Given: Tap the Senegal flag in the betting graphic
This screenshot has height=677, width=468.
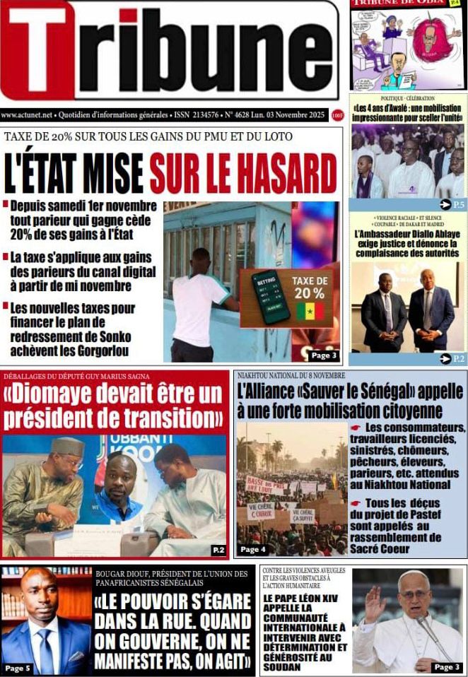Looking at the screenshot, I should [x=309, y=311].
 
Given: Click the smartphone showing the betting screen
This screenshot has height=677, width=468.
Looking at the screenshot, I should [x=271, y=295].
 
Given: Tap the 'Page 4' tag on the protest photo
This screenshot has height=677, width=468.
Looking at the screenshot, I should [x=252, y=549].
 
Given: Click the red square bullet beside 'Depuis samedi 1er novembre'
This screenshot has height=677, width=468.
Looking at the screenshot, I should [x=6, y=205].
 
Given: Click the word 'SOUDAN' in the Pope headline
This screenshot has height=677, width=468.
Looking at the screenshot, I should [x=283, y=666].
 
